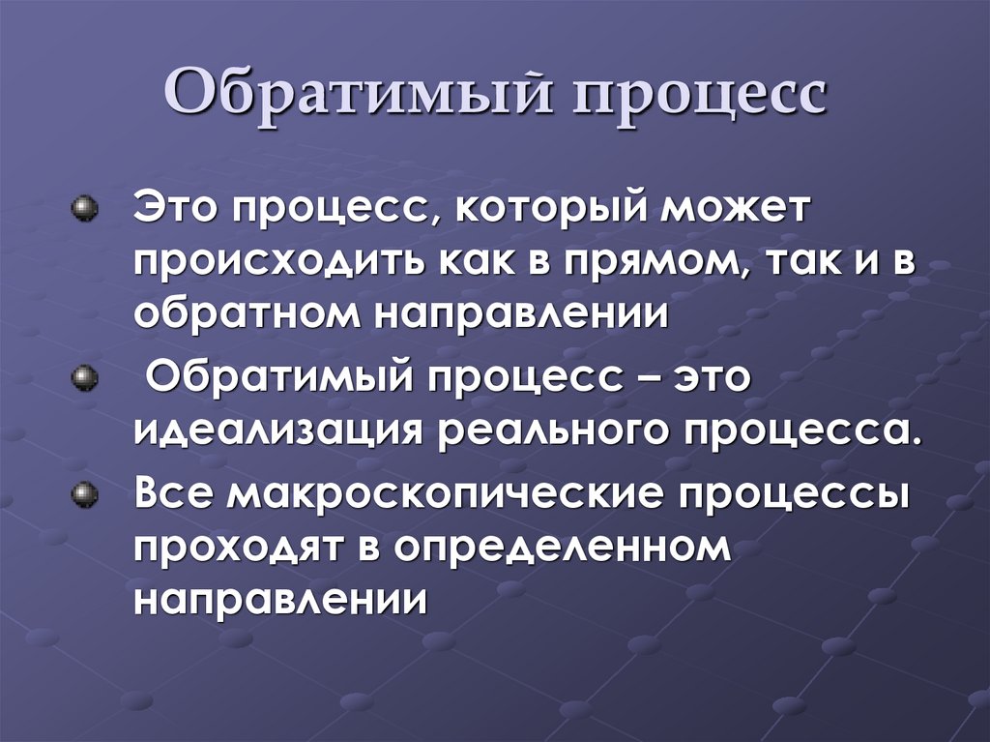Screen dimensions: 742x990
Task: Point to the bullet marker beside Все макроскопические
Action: pos(85,494)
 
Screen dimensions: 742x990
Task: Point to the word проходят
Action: pos(249,547)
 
